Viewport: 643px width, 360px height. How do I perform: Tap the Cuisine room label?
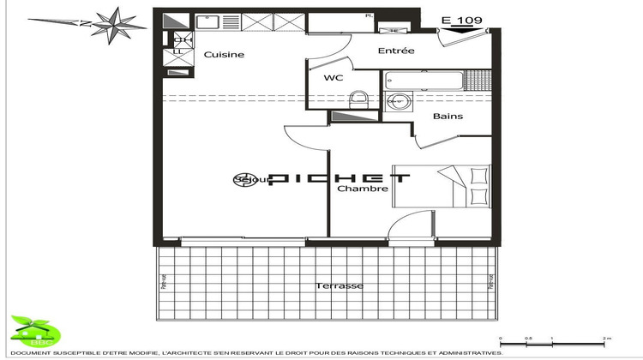click(224, 55)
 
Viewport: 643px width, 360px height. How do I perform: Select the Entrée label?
click(396, 51)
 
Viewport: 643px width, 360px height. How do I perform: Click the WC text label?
click(334, 79)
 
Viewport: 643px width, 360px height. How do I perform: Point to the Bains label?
click(448, 116)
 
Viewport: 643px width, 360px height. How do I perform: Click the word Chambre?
click(362, 189)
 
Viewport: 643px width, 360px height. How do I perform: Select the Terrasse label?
click(340, 285)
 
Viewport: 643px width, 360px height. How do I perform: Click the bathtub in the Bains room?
click(424, 82)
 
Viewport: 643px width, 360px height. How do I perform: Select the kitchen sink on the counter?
click(209, 21)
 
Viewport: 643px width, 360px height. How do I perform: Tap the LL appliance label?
click(180, 53)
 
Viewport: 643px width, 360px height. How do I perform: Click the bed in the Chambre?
click(459, 185)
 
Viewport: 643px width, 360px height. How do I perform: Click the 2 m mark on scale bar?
click(606, 339)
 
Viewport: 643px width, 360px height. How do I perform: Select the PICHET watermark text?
click(340, 179)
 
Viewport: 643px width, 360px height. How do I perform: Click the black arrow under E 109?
click(460, 28)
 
